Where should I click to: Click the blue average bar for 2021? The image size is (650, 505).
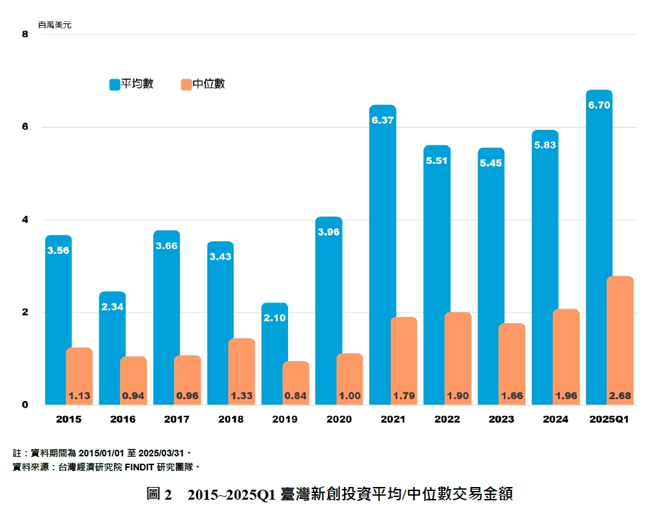pos(382,253)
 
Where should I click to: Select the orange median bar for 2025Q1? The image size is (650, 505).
pos(620,333)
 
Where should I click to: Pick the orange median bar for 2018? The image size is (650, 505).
pos(241,366)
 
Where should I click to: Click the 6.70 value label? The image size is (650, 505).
pos(599,105)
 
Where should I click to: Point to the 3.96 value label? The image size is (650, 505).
pos(329,232)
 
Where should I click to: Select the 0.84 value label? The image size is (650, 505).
pos(295,396)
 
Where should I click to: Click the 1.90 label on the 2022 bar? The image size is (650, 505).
pos(457,396)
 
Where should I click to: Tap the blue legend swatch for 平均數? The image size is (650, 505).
pos(114,85)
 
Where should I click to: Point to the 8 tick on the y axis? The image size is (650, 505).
pos(25,34)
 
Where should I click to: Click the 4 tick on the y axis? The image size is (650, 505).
pos(25,220)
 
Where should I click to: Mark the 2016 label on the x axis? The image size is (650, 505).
pos(123,419)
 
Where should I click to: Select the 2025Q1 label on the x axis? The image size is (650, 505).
pos(609,419)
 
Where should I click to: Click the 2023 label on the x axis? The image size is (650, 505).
pos(501,419)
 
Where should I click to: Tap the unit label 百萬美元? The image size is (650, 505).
pos(55,25)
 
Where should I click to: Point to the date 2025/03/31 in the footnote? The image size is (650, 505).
pos(162,452)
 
